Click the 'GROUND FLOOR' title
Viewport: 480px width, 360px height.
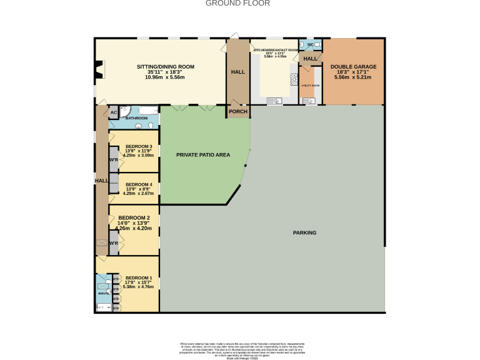pyautogui.click(x=237, y=3)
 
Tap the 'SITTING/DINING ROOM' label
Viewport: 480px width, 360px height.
pyautogui.click(x=166, y=67)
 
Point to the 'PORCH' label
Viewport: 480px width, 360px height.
pyautogui.click(x=237, y=112)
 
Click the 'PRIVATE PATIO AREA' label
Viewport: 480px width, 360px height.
pyautogui.click(x=201, y=154)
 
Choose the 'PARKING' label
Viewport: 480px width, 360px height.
pyautogui.click(x=304, y=232)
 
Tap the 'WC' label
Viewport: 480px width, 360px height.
pyautogui.click(x=310, y=45)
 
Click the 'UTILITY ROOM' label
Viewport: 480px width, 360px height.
pyautogui.click(x=311, y=85)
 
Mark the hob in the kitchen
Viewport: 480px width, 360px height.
pyautogui.click(x=293, y=79)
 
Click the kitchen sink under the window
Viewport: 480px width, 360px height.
pyautogui.click(x=273, y=101)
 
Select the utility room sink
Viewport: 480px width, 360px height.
pyautogui.click(x=309, y=100)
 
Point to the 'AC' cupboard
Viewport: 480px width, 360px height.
pyautogui.click(x=113, y=113)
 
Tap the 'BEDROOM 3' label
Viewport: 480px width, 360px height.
pyautogui.click(x=139, y=146)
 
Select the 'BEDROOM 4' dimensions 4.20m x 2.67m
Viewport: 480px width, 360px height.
pyautogui.click(x=138, y=194)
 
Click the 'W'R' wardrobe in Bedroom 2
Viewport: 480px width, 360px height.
pyautogui.click(x=113, y=243)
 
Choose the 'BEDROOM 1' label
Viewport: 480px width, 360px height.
pyautogui.click(x=139, y=278)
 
